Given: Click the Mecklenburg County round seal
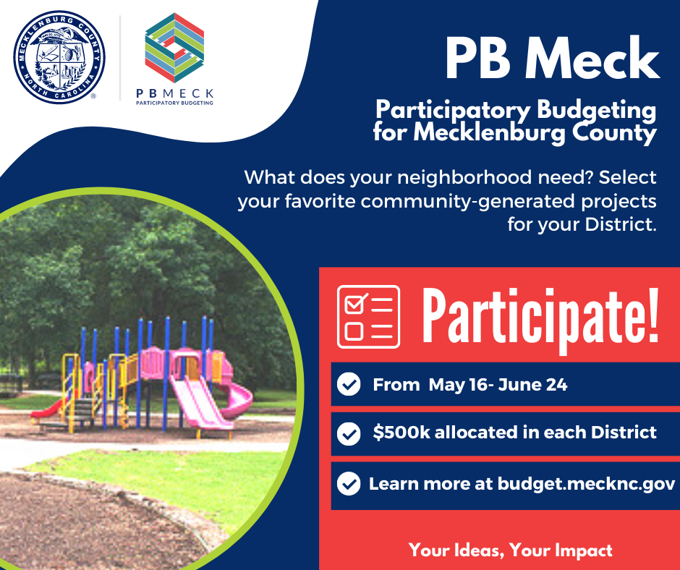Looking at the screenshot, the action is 59,57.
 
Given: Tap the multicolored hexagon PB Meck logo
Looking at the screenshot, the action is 174,48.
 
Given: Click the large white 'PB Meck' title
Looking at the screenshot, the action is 552,58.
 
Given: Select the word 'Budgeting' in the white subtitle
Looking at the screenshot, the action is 596,111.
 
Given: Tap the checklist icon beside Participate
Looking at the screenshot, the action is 369,317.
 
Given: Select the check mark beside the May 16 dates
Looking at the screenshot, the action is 349,384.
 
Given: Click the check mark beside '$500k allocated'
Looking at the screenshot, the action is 349,433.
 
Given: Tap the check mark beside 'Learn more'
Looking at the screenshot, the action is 349,483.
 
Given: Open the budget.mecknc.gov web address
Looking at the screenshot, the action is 586,484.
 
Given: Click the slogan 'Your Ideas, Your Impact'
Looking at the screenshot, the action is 510,550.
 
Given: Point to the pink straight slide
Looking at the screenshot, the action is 195,404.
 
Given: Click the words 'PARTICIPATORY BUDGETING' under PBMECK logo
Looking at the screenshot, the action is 174,103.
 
